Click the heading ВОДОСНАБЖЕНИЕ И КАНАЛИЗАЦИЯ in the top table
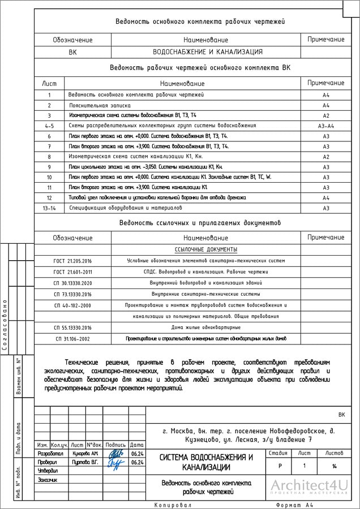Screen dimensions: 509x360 tap(208, 51)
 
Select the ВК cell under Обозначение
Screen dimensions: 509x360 tap(72, 51)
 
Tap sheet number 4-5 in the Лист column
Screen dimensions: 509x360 tap(49, 126)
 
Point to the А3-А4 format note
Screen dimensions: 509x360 tap(326, 126)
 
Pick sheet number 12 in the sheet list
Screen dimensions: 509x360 tap(49, 198)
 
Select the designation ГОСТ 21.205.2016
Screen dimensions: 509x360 tap(72, 261)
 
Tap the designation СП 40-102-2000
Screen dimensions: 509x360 tap(72, 305)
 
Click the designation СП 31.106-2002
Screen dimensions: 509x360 tap(72, 339)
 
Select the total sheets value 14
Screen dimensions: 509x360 tap(335, 466)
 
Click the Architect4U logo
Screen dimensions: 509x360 tap(308, 486)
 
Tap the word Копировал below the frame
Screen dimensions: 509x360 tap(173, 504)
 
